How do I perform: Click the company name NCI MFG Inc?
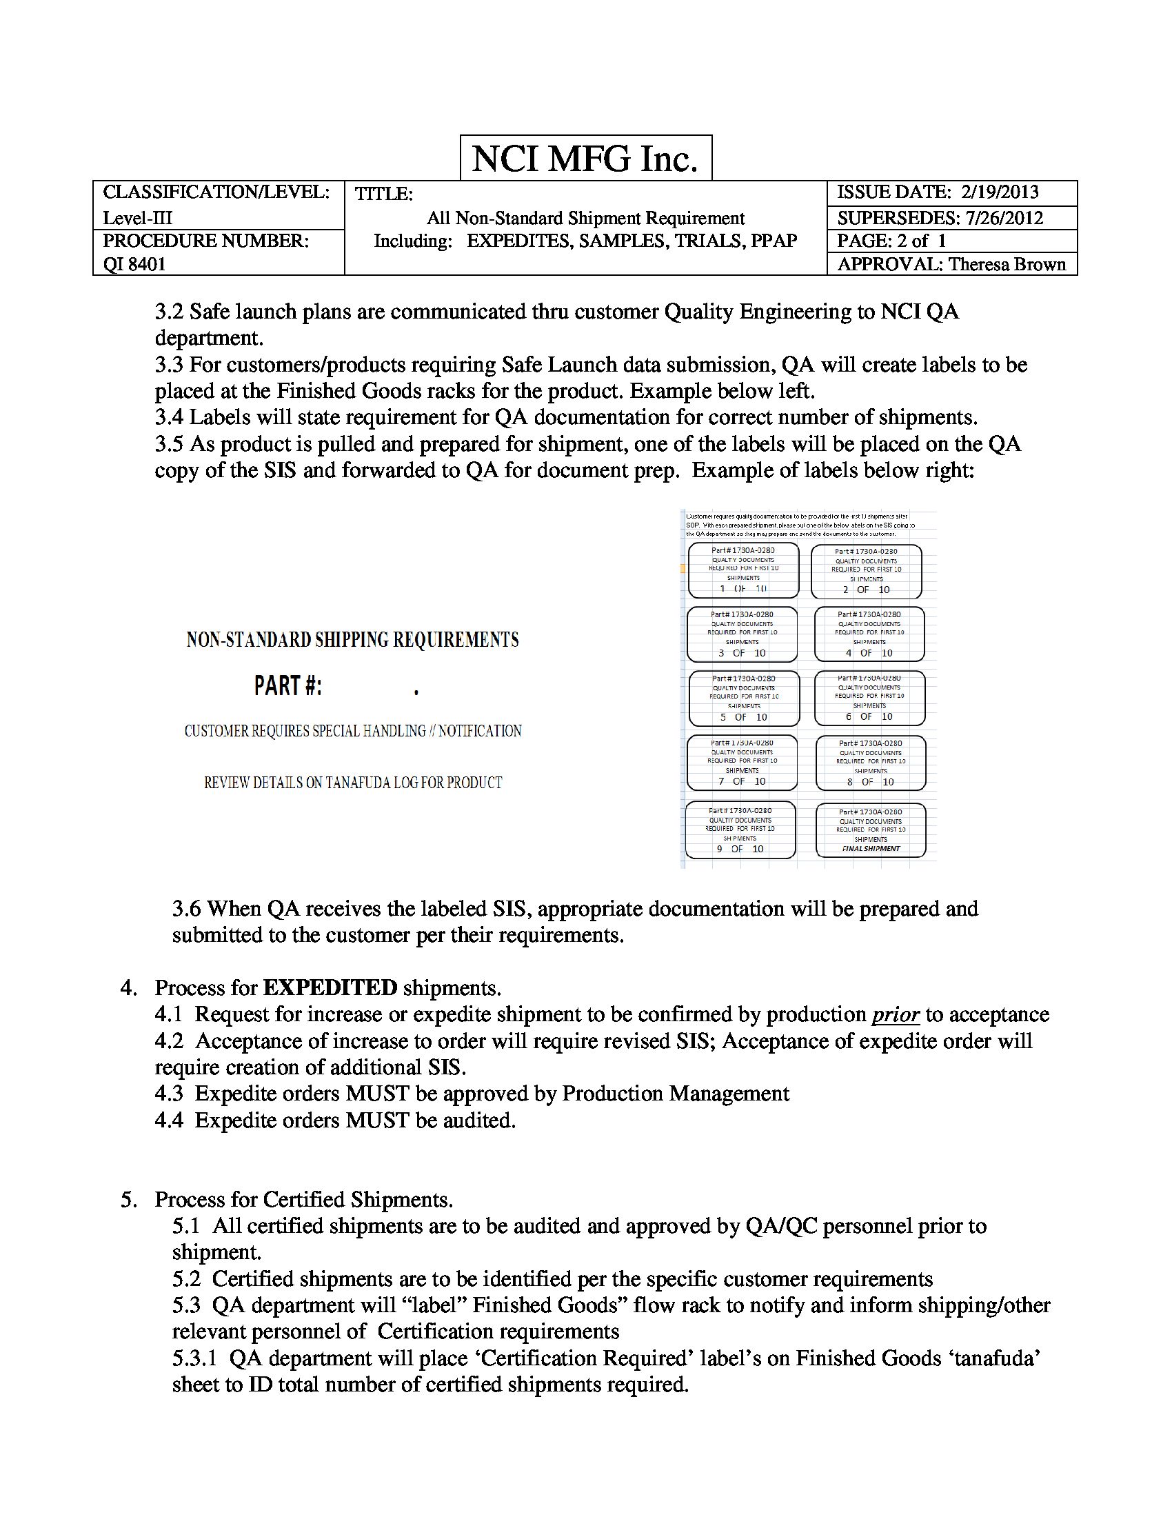point(585,159)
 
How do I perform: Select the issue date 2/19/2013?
point(1000,192)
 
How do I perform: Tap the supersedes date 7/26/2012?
point(1004,218)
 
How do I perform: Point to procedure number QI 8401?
point(134,264)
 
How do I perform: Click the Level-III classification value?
point(137,218)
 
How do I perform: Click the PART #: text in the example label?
point(288,686)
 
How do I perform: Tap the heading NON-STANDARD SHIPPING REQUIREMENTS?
point(352,640)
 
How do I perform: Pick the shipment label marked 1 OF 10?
point(743,570)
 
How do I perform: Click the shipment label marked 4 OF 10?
point(869,634)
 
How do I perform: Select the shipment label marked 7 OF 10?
point(742,763)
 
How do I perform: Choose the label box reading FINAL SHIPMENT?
point(870,830)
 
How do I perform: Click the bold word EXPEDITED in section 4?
point(330,987)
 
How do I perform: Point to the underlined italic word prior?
point(896,1015)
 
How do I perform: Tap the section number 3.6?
point(187,909)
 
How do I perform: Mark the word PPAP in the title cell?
point(774,241)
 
